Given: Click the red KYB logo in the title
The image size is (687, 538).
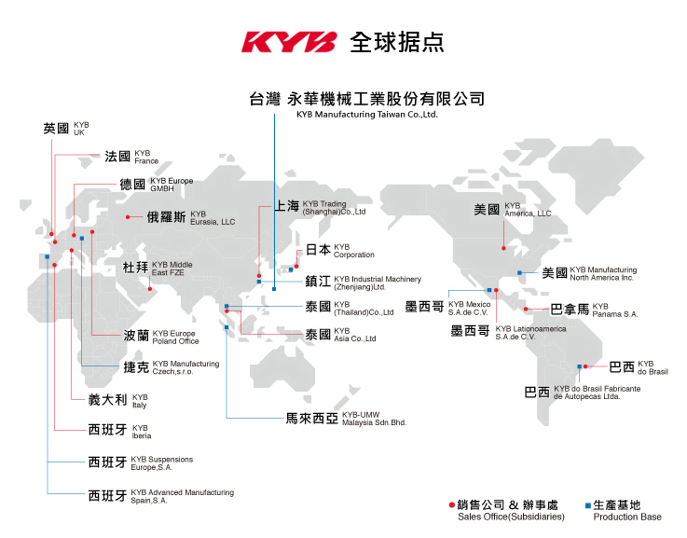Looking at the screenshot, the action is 289,42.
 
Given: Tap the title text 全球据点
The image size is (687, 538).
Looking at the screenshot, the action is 397,43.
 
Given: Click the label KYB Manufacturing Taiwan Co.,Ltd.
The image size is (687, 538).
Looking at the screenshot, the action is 367,115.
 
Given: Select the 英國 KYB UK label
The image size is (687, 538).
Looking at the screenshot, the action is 66,129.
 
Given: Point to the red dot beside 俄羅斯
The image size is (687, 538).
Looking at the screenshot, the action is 128,217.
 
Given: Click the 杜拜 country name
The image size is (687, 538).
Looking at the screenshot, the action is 135,268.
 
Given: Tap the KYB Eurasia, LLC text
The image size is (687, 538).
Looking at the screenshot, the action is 213,218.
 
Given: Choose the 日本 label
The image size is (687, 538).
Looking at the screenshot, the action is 318,250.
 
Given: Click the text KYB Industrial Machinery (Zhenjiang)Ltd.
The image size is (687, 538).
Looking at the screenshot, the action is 378,283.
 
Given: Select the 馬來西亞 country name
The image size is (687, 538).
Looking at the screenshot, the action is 312,419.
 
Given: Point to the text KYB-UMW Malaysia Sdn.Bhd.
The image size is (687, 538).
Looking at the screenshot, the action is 374,419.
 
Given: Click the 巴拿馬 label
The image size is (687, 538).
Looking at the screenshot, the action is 570,310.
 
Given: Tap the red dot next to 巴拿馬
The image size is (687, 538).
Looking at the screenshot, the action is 526,310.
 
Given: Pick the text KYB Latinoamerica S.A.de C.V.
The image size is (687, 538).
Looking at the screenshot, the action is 530,333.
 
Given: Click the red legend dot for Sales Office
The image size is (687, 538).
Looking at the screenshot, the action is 452,505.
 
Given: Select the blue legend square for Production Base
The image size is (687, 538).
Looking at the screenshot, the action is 588,505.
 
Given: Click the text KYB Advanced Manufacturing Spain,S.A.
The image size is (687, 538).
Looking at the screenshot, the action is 183,496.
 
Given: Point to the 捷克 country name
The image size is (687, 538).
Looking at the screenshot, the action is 136,367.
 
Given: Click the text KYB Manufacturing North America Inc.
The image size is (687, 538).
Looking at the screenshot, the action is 603,273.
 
